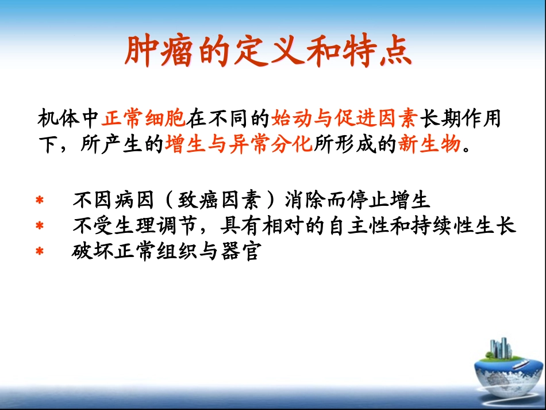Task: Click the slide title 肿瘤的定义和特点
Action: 268,52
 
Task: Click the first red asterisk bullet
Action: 40,201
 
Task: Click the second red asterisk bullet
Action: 40,227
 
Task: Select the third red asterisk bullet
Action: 40,252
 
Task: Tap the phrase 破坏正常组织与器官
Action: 165,251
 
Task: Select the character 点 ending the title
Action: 397,52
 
